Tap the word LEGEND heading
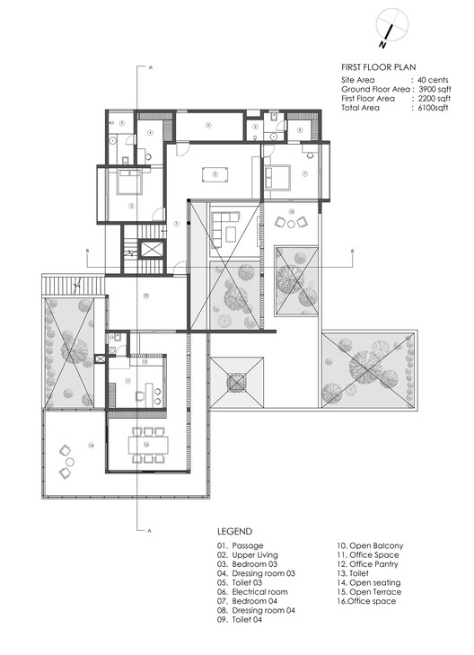click(234, 531)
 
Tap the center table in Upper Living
click(214, 174)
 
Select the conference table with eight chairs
click(148, 443)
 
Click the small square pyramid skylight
click(237, 383)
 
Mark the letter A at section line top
click(151, 67)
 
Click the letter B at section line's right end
click(353, 250)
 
